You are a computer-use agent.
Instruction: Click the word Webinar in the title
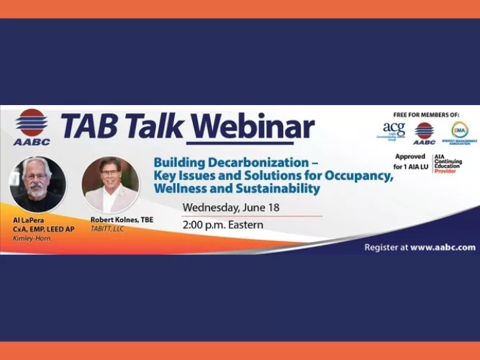(x=254, y=127)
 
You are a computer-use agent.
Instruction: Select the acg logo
(x=394, y=131)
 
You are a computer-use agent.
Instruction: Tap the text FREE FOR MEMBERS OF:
(x=427, y=115)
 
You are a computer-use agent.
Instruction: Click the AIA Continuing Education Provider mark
(x=449, y=163)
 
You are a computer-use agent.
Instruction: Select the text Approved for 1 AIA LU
(x=410, y=162)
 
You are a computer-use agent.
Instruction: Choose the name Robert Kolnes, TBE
(x=122, y=219)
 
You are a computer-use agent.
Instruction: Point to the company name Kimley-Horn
(x=32, y=238)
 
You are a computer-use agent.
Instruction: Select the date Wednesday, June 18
(x=229, y=208)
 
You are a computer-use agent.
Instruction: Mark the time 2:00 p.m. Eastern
(x=222, y=225)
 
